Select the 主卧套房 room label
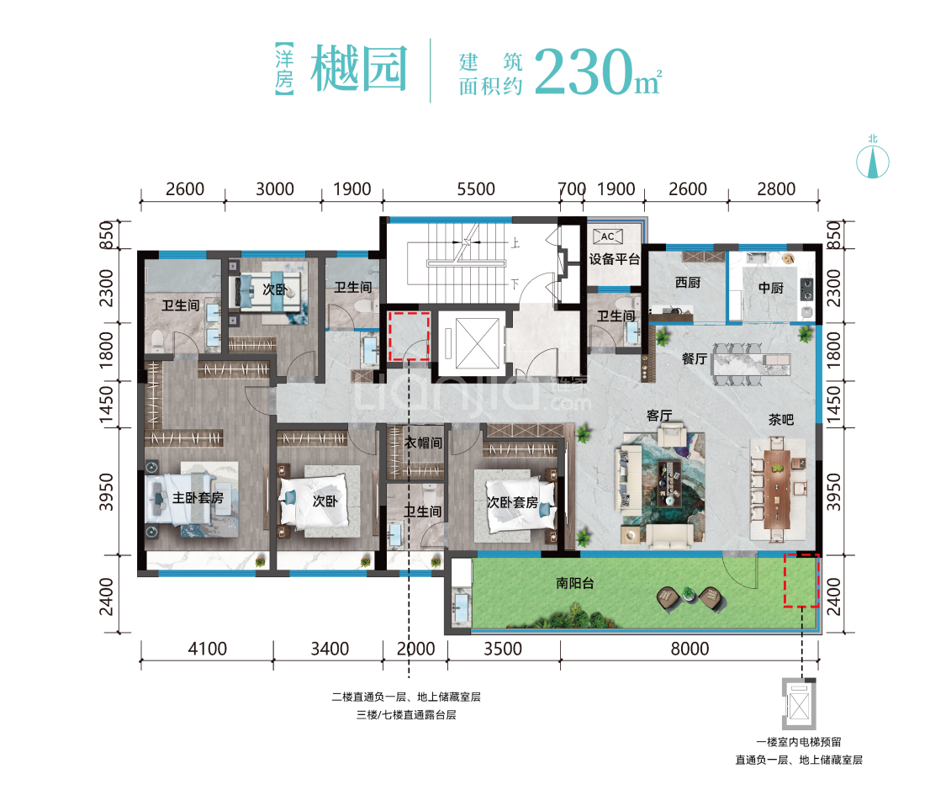click(198, 498)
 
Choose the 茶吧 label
click(780, 419)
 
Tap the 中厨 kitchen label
click(770, 288)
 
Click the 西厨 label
click(687, 284)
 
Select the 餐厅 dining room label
click(694, 358)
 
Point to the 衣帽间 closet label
click(418, 443)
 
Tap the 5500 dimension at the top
click(476, 189)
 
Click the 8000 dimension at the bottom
click(690, 649)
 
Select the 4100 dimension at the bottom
click(206, 649)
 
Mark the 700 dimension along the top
click(572, 189)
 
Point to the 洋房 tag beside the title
click(284, 70)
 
